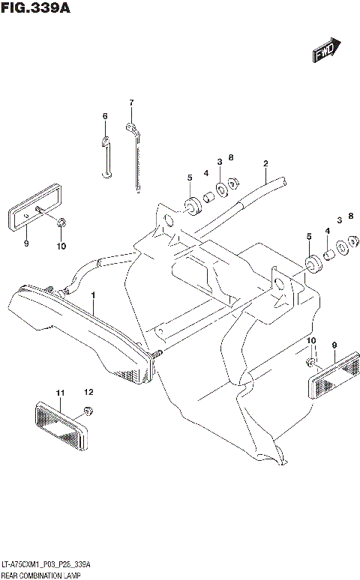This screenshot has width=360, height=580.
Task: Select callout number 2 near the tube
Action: [x=265, y=163]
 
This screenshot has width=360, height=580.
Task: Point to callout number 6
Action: [x=105, y=116]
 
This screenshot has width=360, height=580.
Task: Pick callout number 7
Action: [x=130, y=103]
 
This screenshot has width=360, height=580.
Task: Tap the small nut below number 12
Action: [x=88, y=410]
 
